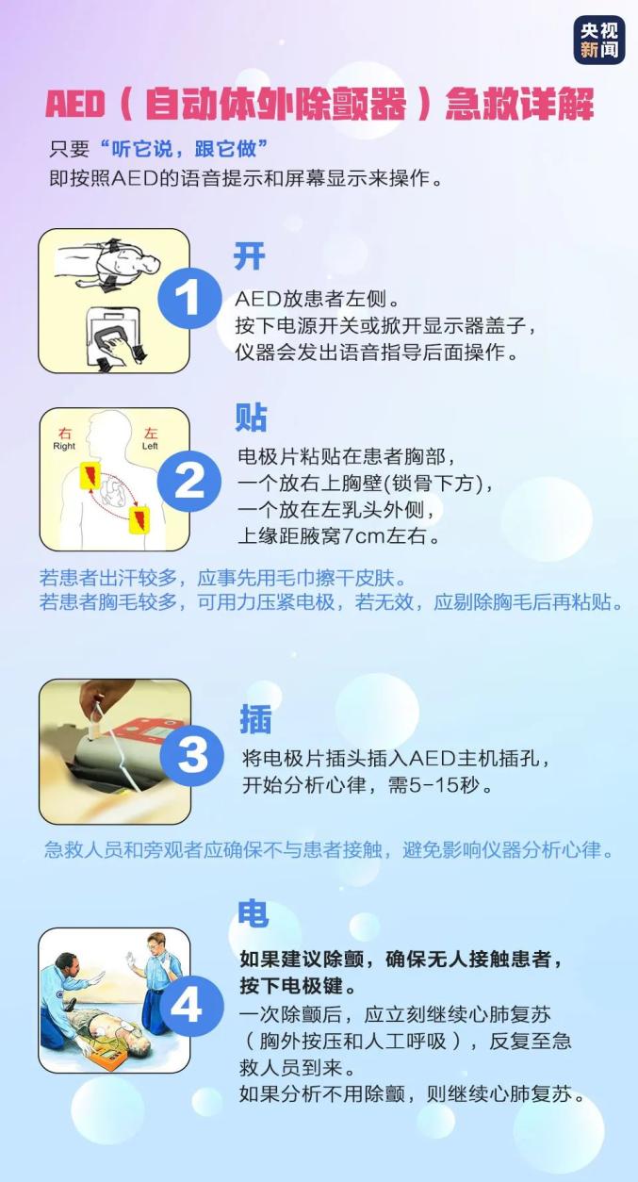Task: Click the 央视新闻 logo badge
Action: [599, 40]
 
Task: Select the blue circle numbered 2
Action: [188, 481]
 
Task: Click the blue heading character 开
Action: [249, 256]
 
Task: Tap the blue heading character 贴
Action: [251, 418]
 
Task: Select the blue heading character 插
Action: [255, 718]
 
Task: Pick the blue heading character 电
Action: [254, 912]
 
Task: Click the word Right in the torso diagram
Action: [64, 446]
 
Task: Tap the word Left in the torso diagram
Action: [150, 446]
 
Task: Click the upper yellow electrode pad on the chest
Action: [90, 475]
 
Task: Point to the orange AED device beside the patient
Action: [108, 1050]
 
